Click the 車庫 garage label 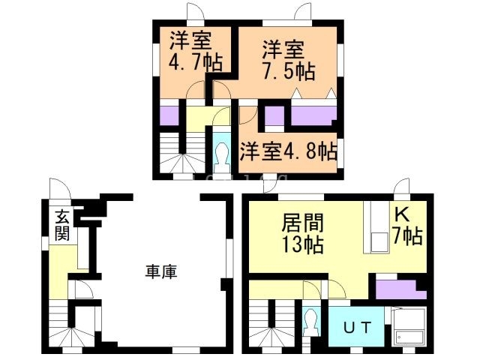coord(160,272)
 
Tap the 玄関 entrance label coord(61,225)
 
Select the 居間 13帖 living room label coord(301,232)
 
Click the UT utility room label coord(356,328)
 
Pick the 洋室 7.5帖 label coord(287,61)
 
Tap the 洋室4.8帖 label coord(288,152)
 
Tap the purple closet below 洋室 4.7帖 coord(169,115)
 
